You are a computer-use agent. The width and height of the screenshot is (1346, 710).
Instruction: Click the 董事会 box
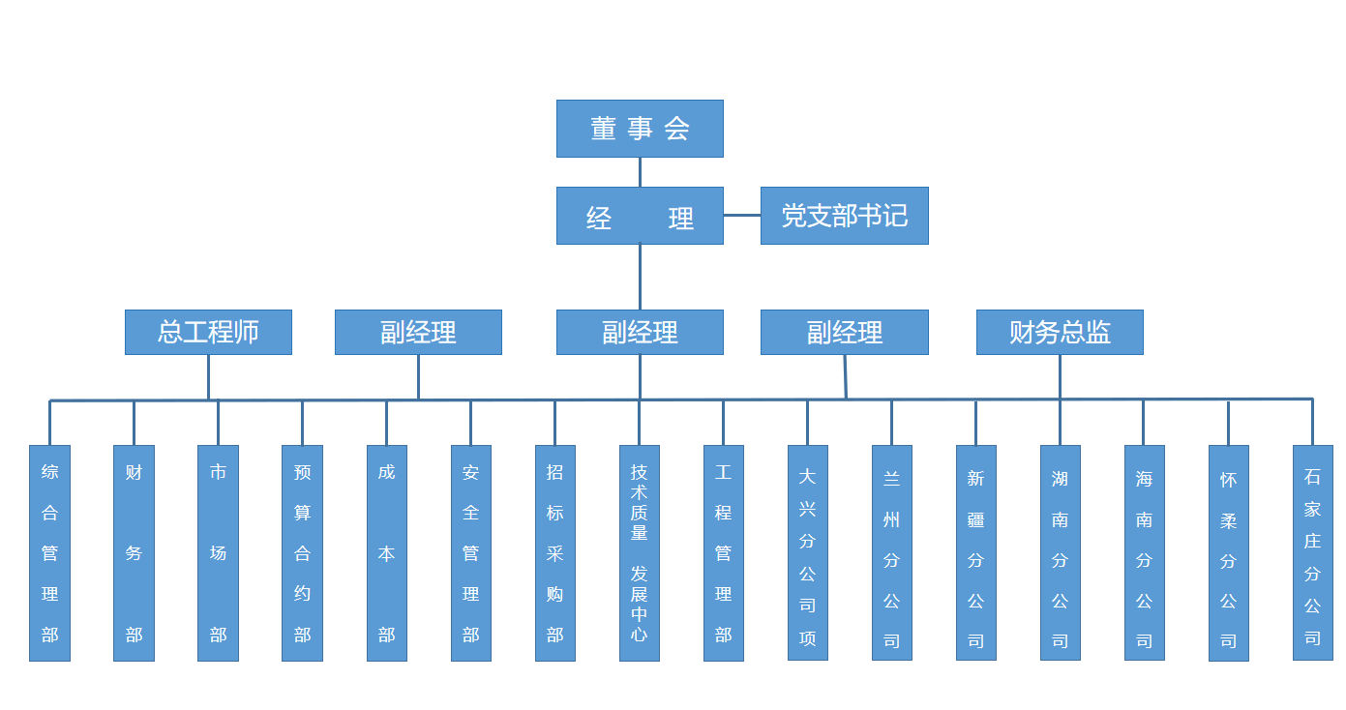[640, 129]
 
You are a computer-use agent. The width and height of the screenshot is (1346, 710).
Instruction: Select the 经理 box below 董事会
[640, 216]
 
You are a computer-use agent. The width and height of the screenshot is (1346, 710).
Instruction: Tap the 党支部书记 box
[844, 216]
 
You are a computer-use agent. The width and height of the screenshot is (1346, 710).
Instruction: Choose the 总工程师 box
[208, 332]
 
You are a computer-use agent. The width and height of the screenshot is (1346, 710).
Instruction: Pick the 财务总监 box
[1060, 332]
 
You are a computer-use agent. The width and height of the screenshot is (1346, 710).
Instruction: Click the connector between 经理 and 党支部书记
[742, 216]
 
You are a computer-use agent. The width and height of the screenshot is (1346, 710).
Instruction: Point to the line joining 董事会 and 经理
[640, 172]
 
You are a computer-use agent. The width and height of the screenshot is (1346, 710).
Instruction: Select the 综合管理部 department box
[49, 553]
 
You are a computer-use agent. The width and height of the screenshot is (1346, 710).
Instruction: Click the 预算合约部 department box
[302, 553]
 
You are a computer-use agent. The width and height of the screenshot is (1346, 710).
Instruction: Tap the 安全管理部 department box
[471, 553]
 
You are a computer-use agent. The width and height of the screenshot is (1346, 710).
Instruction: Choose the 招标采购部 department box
[555, 553]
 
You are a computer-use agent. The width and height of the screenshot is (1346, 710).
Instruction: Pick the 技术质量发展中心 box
[640, 553]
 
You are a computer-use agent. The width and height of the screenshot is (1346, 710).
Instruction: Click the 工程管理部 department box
[724, 553]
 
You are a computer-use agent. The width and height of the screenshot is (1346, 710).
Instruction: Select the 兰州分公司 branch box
[892, 553]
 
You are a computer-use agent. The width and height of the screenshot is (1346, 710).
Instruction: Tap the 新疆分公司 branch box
[976, 553]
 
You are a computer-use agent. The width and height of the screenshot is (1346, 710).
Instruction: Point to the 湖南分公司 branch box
[1061, 553]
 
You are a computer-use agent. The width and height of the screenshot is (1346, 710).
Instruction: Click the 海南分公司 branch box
[1145, 553]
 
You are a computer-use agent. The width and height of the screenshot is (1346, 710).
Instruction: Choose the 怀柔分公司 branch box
[1229, 553]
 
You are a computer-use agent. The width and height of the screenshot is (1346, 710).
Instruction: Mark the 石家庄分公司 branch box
[1313, 553]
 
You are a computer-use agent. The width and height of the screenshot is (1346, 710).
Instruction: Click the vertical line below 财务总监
[1060, 376]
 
